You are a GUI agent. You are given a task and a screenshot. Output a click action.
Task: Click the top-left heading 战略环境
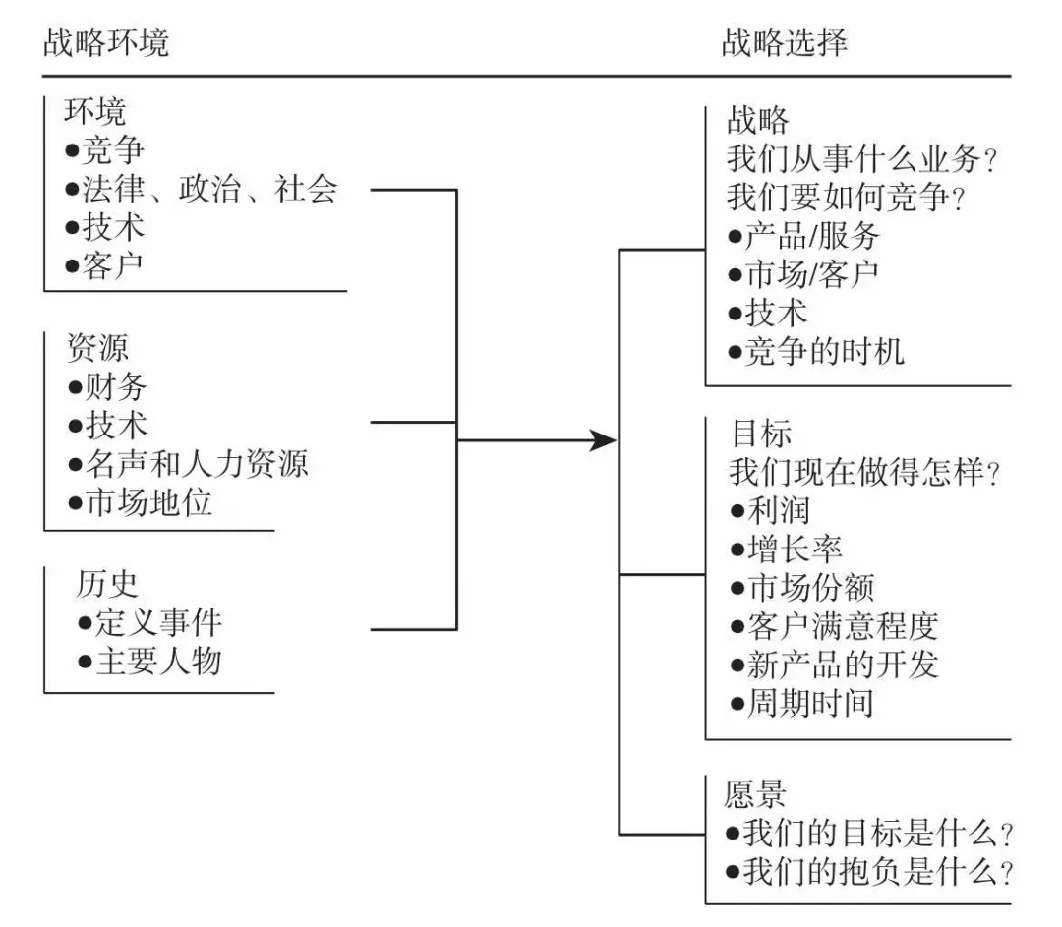106,43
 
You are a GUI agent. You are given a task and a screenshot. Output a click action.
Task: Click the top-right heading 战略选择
784,43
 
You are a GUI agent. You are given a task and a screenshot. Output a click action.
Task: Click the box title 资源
96,348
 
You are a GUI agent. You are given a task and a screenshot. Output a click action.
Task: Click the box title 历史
107,584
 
